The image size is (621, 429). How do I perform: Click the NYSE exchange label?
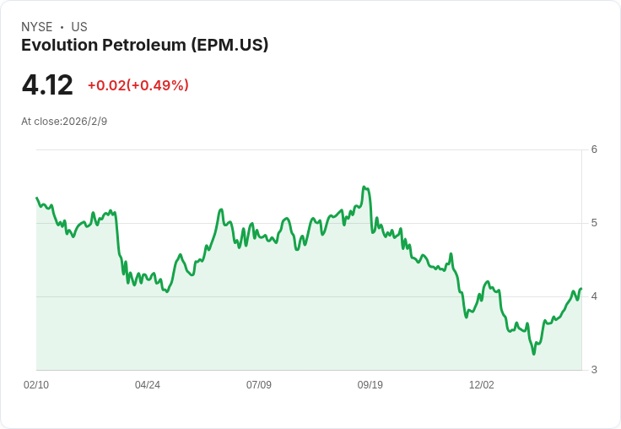[37, 27]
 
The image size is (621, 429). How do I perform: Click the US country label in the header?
[79, 27]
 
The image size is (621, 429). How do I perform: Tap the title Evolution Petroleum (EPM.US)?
[144, 45]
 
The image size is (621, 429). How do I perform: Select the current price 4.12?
[47, 84]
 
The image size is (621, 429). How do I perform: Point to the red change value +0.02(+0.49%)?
[138, 85]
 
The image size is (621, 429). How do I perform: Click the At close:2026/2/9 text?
[64, 122]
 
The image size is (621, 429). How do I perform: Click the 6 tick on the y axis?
[594, 149]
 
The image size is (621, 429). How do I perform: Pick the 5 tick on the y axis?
[594, 223]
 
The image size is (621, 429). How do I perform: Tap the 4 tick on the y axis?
[594, 296]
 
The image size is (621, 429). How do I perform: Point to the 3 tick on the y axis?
[594, 370]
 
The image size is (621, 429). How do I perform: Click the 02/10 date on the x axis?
[36, 385]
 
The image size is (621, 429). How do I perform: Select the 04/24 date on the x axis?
[148, 385]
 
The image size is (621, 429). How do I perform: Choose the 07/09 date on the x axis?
[259, 385]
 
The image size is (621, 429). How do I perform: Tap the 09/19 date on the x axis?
[370, 385]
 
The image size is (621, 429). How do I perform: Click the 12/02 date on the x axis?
[482, 385]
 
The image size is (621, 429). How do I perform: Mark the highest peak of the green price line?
[364, 187]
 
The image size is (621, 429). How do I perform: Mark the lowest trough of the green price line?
[533, 354]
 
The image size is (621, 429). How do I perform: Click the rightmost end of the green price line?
[581, 289]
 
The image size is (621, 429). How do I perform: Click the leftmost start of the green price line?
[37, 198]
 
